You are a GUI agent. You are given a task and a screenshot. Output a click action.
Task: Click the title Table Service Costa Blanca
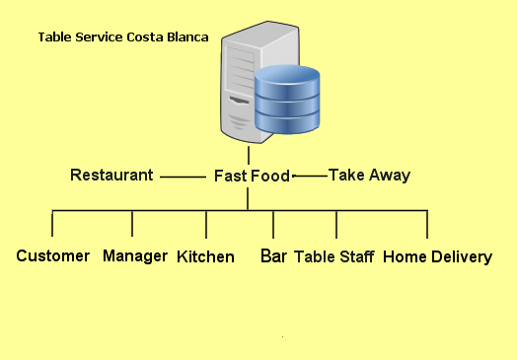click(x=123, y=37)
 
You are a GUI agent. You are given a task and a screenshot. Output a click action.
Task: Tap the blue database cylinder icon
click(x=287, y=100)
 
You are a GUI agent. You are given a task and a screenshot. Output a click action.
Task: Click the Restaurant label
click(x=111, y=175)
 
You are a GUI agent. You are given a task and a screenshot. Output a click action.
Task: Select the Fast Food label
click(x=252, y=176)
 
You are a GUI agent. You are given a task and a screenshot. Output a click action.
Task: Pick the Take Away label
click(x=369, y=175)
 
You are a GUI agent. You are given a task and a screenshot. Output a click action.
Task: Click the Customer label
click(x=52, y=255)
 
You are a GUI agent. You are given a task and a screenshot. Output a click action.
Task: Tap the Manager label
click(x=135, y=256)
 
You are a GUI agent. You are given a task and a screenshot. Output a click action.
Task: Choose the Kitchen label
click(x=205, y=256)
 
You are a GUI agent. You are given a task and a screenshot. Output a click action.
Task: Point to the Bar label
click(x=273, y=255)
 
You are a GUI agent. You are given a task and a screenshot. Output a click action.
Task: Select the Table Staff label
click(x=334, y=256)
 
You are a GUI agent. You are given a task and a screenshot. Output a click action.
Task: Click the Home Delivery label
click(x=437, y=256)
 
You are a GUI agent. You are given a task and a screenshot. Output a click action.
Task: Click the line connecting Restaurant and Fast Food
click(x=183, y=177)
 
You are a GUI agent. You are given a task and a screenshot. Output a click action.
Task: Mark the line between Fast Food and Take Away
click(x=310, y=176)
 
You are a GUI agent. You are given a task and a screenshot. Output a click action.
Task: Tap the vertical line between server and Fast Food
click(x=249, y=155)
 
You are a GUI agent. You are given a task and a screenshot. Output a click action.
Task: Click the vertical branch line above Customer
click(x=52, y=223)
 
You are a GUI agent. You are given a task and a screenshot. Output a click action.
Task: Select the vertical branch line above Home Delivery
click(x=427, y=224)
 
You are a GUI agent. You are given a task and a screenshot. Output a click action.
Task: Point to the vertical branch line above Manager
click(x=132, y=224)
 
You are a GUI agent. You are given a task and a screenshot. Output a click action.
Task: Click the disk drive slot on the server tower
click(x=239, y=100)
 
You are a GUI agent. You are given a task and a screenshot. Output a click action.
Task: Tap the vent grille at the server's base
click(x=239, y=122)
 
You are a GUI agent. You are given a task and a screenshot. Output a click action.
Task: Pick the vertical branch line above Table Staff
click(x=336, y=224)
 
